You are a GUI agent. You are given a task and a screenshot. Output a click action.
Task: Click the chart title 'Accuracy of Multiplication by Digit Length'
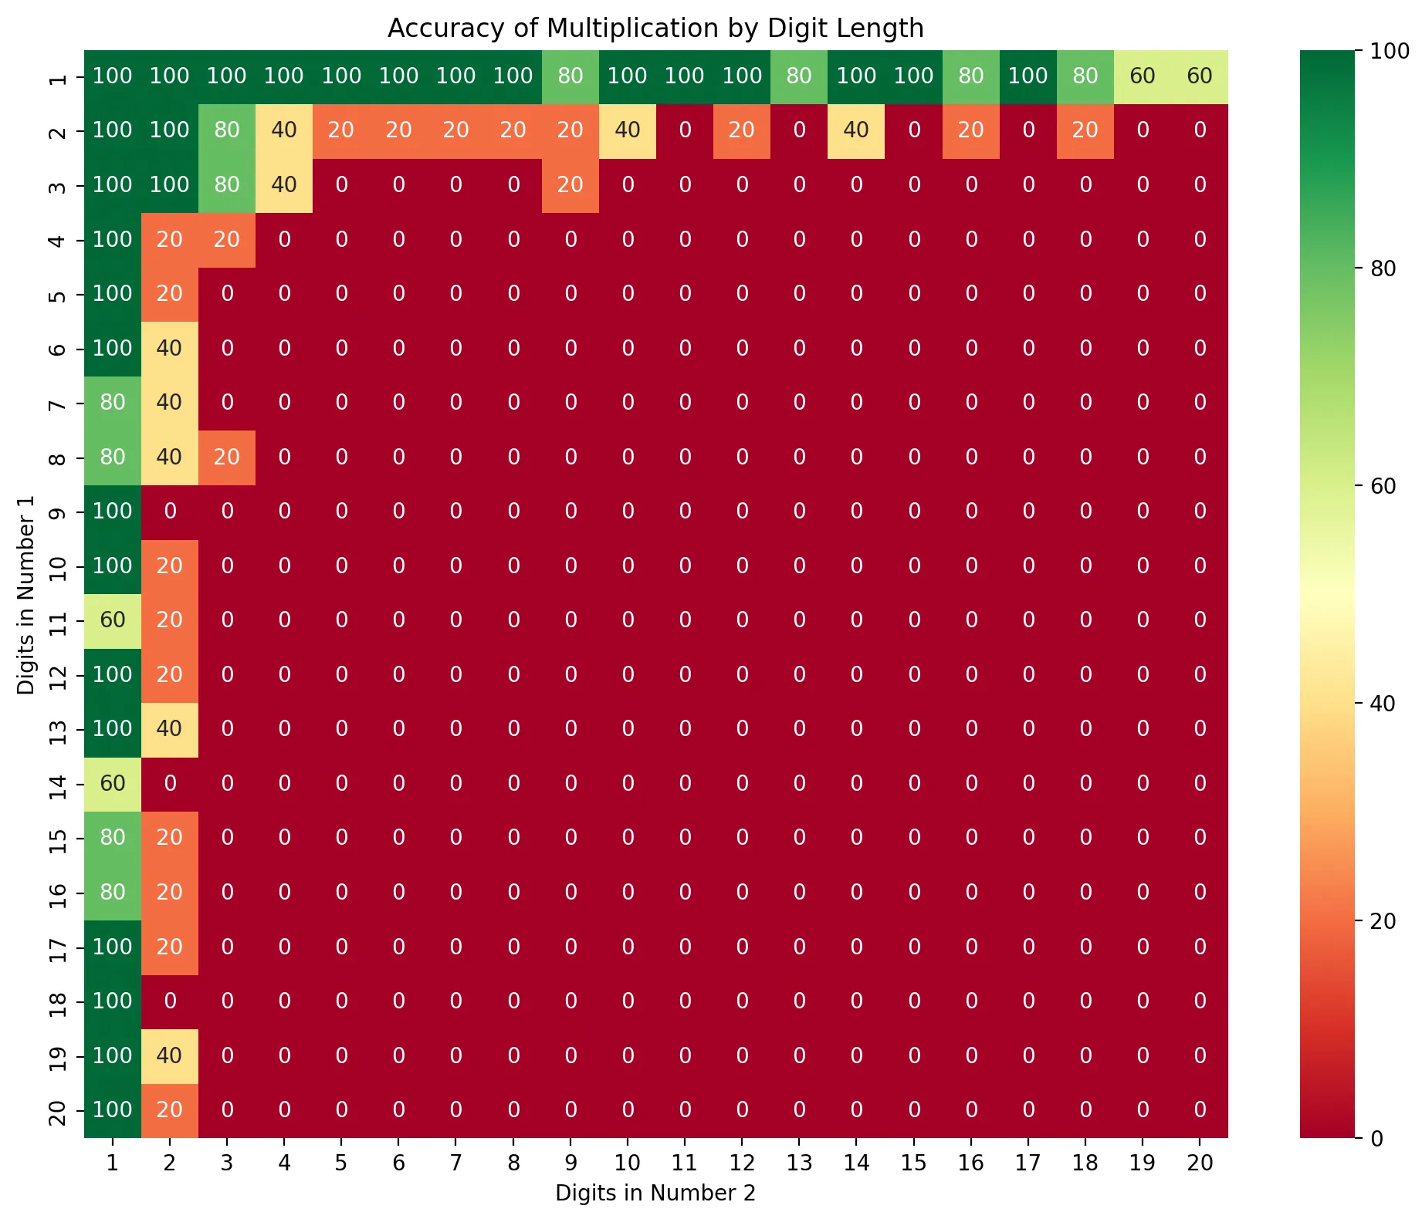(x=655, y=29)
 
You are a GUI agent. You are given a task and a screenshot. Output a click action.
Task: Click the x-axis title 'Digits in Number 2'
(x=655, y=1193)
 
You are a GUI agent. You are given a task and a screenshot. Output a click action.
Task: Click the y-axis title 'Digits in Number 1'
(x=26, y=594)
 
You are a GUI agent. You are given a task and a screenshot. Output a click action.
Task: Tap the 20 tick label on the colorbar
(x=1383, y=921)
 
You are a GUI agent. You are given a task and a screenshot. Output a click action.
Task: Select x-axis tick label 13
(x=799, y=1163)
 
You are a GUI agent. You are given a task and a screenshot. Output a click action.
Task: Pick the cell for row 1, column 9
(x=570, y=76)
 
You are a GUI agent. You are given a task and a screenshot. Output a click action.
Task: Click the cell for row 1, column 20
(x=1200, y=76)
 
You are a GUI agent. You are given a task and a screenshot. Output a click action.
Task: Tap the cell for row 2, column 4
(x=284, y=130)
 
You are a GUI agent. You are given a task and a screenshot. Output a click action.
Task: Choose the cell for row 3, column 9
(x=570, y=185)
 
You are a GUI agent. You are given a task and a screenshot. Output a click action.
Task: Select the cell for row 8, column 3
(x=227, y=458)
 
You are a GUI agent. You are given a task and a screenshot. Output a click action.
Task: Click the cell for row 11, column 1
(x=113, y=620)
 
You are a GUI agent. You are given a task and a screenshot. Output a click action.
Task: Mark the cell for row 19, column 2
(x=170, y=1055)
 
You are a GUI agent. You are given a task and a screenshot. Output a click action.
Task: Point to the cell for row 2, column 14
(x=856, y=130)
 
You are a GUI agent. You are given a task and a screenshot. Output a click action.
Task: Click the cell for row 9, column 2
(x=170, y=512)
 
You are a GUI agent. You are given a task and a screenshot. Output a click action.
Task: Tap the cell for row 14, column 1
(x=113, y=784)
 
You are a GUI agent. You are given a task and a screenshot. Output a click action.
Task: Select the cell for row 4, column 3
(x=227, y=240)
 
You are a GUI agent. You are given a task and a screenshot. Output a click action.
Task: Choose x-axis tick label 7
(x=455, y=1163)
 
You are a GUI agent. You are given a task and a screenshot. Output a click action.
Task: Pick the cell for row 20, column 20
(x=1200, y=1110)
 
